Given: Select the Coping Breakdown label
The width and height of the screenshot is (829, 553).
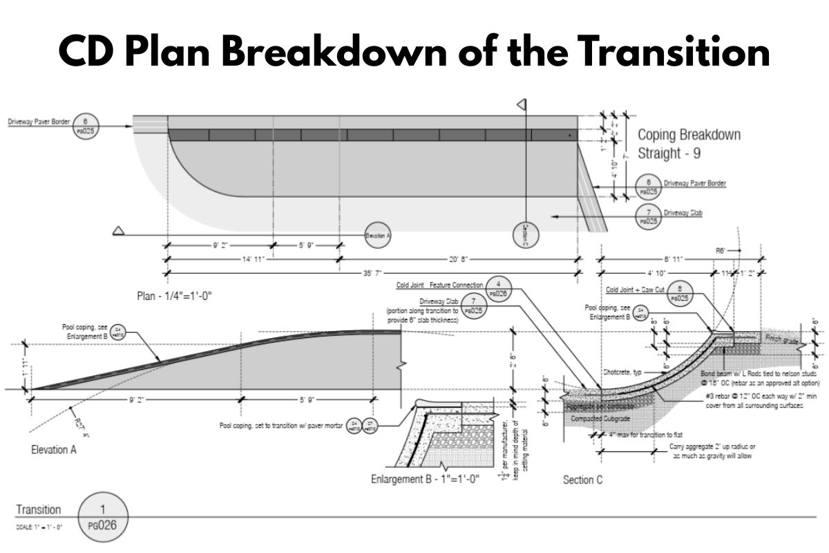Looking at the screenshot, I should click(x=688, y=134).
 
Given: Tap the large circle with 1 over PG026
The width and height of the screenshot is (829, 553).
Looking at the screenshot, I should click(x=103, y=517).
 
